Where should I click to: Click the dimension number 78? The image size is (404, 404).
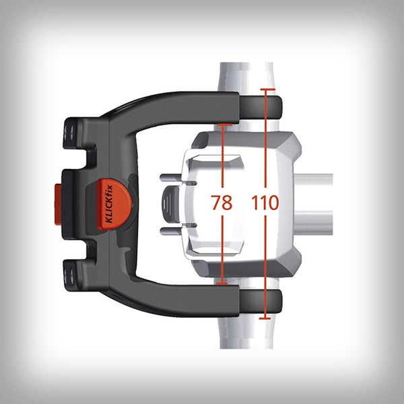pyautogui.click(x=222, y=203)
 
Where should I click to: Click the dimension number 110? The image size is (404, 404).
pyautogui.click(x=265, y=203)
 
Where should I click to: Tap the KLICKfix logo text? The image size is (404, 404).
pyautogui.click(x=110, y=205)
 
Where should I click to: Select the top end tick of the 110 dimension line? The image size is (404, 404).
pyautogui.click(x=267, y=89)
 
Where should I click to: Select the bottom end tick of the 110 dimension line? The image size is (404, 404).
pyautogui.click(x=267, y=316)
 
